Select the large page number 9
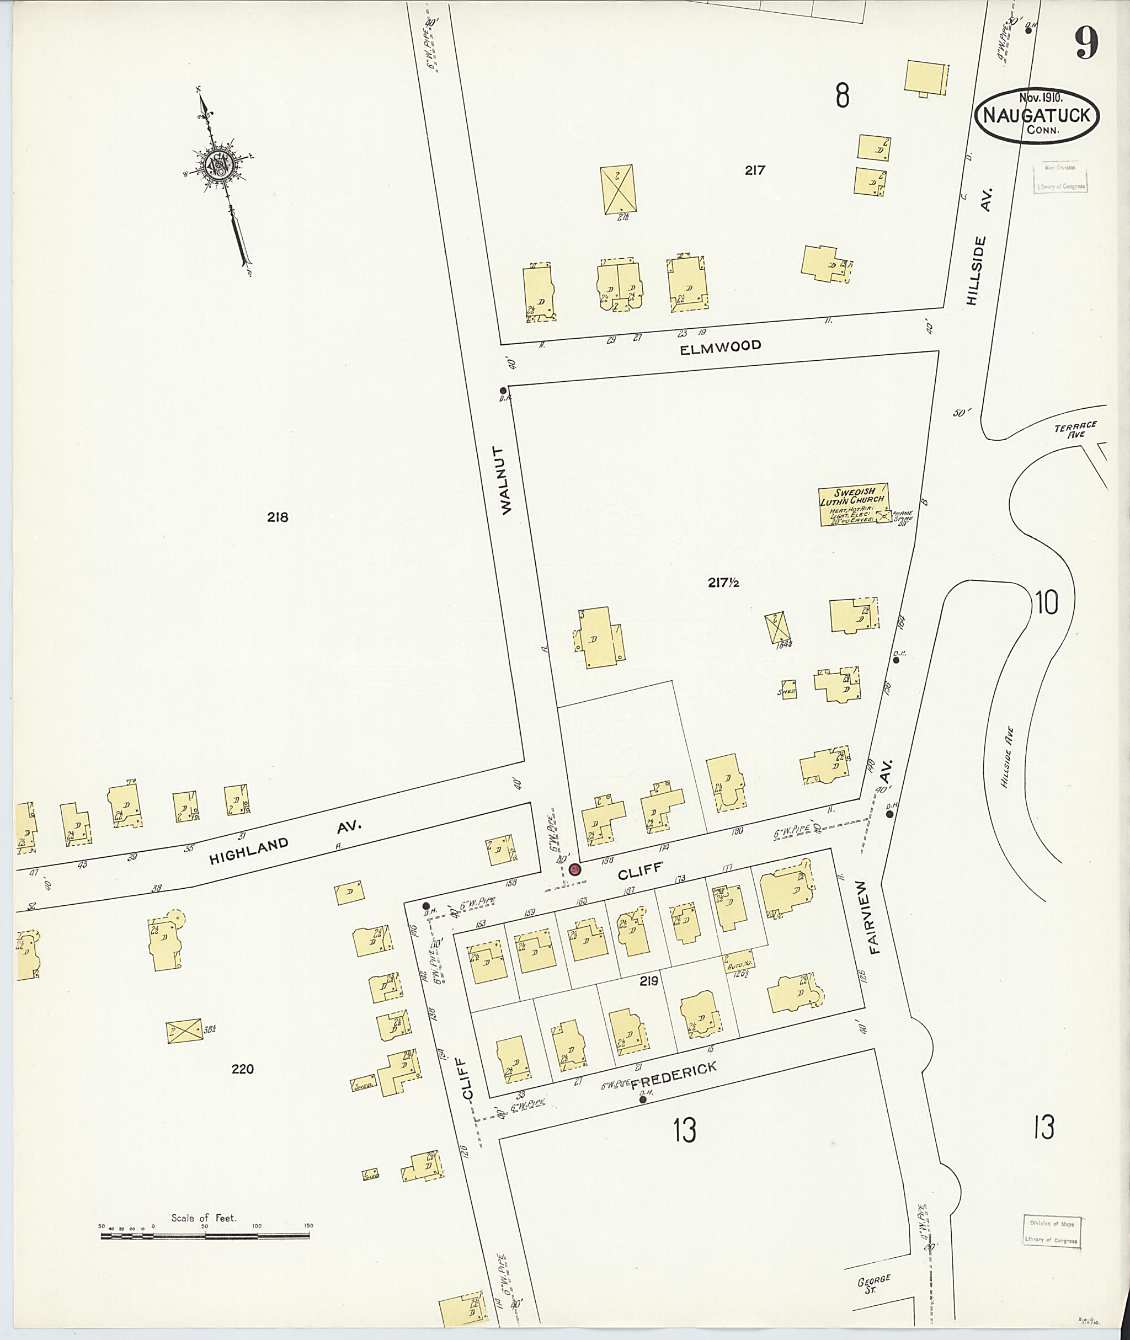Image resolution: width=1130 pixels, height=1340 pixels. tap(1086, 44)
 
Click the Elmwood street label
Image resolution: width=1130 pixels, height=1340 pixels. tap(721, 346)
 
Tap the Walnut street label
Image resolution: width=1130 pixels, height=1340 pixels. tap(508, 480)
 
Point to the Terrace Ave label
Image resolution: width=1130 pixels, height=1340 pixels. tap(1075, 429)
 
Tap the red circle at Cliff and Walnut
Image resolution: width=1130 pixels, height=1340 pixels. tap(574, 869)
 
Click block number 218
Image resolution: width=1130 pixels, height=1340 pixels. tap(278, 517)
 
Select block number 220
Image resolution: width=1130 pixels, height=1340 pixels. tap(243, 1069)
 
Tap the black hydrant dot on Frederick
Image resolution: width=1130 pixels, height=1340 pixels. tap(642, 1101)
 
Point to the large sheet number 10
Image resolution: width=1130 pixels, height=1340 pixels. tap(1046, 603)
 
